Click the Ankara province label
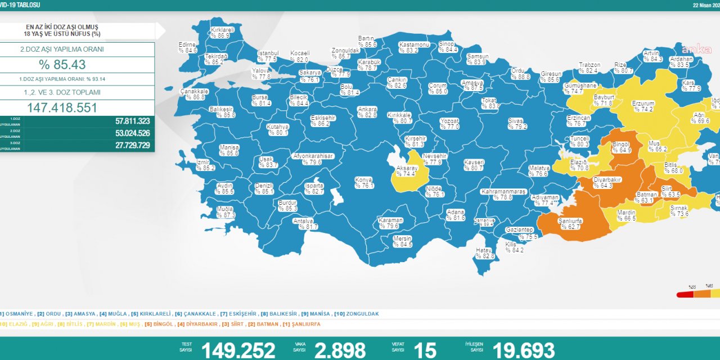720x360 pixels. (x=367, y=112)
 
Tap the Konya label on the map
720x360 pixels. (x=364, y=183)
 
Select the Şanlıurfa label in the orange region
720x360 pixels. (x=569, y=224)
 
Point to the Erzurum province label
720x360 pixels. (x=642, y=106)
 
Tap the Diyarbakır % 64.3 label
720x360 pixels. (x=607, y=182)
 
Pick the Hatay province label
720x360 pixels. (x=484, y=253)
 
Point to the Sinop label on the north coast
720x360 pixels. (x=448, y=47)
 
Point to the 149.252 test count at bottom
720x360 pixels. (x=238, y=350)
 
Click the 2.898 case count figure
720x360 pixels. (x=340, y=350)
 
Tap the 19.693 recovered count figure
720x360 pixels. (x=523, y=350)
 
